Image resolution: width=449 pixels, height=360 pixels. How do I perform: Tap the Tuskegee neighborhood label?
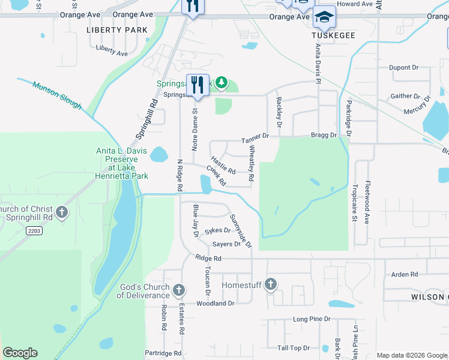pyautogui.click(x=334, y=35)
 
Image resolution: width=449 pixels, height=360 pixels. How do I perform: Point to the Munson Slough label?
pyautogui.click(x=57, y=95)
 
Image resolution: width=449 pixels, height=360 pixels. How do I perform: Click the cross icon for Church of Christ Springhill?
pyautogui.click(x=62, y=212)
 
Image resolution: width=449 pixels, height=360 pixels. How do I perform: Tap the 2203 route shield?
pyautogui.click(x=35, y=230)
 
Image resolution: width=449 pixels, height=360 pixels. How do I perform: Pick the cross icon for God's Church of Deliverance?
pyautogui.click(x=178, y=291)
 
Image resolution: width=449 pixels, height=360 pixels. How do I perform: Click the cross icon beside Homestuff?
pyautogui.click(x=271, y=284)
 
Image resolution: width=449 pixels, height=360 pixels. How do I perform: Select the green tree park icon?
pyautogui.click(x=221, y=82)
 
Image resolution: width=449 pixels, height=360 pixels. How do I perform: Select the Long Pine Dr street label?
pyautogui.click(x=312, y=319)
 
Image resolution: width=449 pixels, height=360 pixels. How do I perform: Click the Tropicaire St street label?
pyautogui.click(x=355, y=203)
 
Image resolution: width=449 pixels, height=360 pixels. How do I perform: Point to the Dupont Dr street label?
pyautogui.click(x=403, y=68)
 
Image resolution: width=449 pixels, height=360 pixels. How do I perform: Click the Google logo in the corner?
pyautogui.click(x=20, y=353)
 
